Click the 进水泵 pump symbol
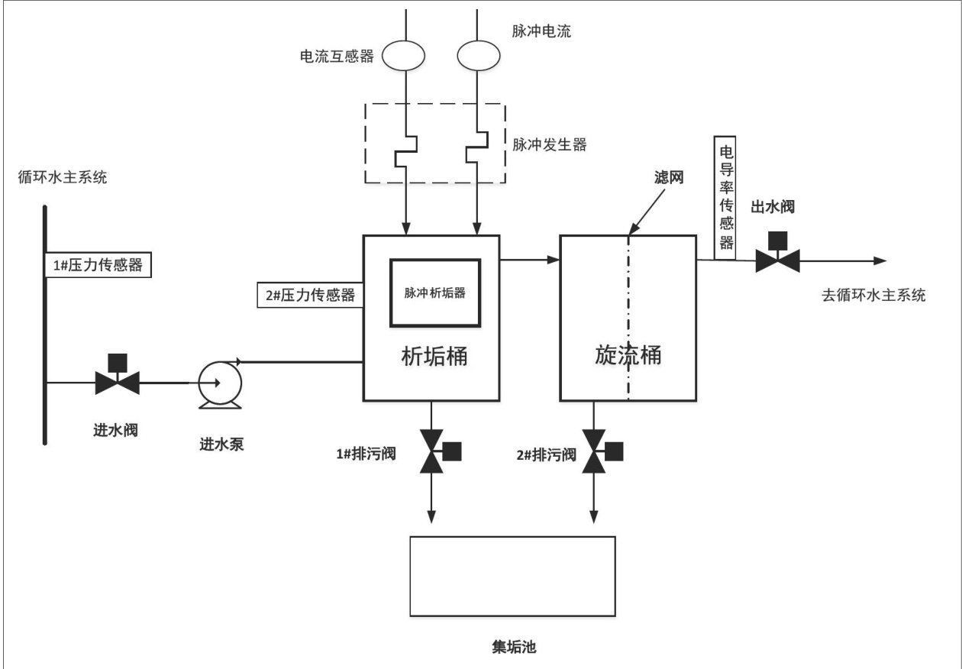click(219, 380)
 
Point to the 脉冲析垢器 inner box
click(435, 292)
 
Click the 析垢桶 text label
click(434, 355)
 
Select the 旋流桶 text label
click(628, 355)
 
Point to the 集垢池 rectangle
click(512, 577)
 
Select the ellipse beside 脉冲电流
click(479, 55)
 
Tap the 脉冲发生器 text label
click(550, 144)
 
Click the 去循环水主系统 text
click(873, 296)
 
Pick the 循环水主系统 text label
click(63, 179)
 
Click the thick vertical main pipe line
click(45, 325)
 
